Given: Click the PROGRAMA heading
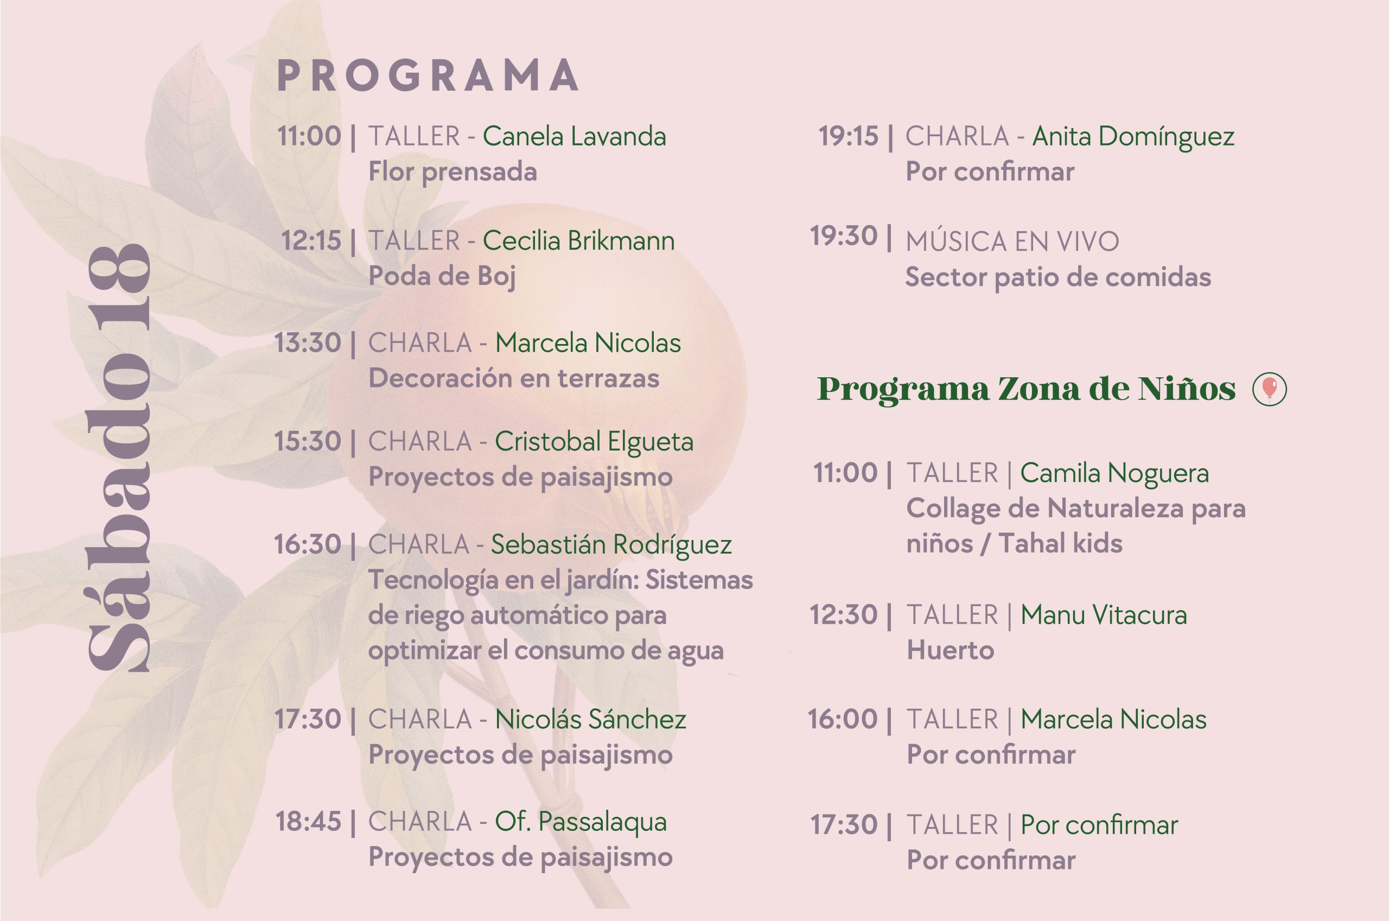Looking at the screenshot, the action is (x=428, y=76).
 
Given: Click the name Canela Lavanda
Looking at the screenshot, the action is (x=574, y=136).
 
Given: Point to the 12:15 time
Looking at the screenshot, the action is (x=311, y=241).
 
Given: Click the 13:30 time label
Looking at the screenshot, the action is (x=308, y=343).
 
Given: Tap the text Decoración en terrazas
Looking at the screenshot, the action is (x=514, y=378).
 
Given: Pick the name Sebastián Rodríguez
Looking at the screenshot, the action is (x=611, y=545).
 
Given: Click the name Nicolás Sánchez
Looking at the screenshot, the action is (x=590, y=720).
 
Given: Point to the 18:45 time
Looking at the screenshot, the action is (x=308, y=822).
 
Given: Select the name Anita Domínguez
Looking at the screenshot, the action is (x=1133, y=137).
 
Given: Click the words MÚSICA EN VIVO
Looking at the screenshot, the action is (x=1012, y=242).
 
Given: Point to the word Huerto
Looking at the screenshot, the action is (x=951, y=650).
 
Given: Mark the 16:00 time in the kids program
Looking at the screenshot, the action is (x=843, y=720).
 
